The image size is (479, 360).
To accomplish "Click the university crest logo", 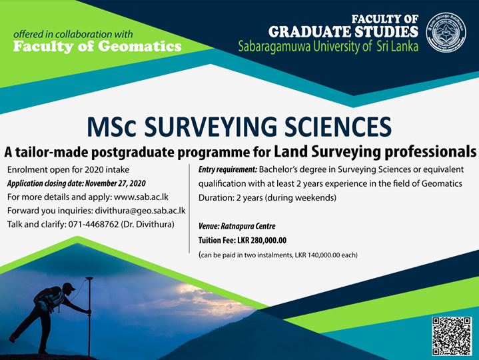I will tap(446, 32).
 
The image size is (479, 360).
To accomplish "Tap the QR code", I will tap(452, 335).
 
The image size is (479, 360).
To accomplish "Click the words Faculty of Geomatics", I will tap(97, 47).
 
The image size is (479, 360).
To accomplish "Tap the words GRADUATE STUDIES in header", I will tap(343, 31).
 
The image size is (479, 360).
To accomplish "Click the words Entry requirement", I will tap(227, 170).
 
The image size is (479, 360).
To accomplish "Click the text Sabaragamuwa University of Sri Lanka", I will tap(328, 47).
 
